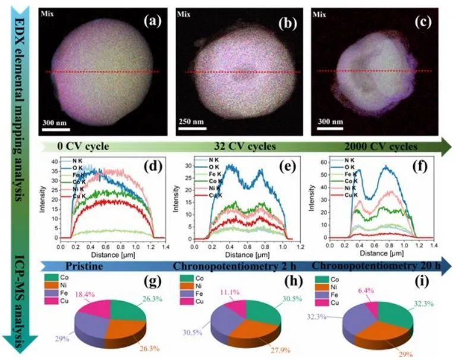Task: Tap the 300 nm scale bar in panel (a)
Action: pyautogui.click(x=58, y=124)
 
